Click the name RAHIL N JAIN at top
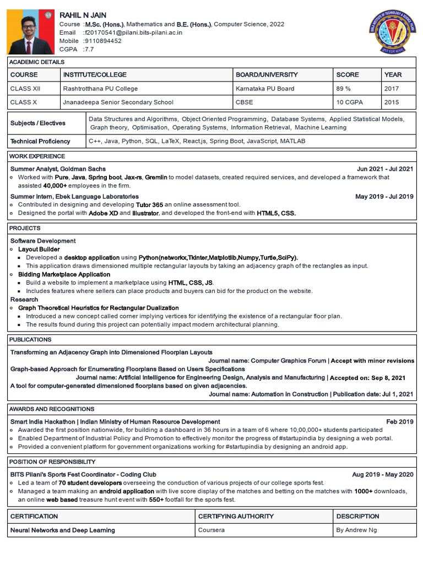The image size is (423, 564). pos(83,15)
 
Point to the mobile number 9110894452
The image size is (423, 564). pos(102,41)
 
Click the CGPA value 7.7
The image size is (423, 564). pos(89,49)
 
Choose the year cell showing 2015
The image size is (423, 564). pos(392,102)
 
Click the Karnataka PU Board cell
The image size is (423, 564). pos(265,88)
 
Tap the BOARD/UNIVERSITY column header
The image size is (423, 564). pos(267,74)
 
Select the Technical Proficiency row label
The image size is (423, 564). pos(40,141)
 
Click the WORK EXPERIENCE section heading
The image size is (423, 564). pos(37,156)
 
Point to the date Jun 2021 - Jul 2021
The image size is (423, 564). pos(384,169)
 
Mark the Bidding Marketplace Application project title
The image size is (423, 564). pos(64,274)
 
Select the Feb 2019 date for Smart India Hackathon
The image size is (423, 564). pos(399,421)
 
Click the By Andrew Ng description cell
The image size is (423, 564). pos(357,530)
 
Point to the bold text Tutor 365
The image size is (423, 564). pos(149,204)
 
